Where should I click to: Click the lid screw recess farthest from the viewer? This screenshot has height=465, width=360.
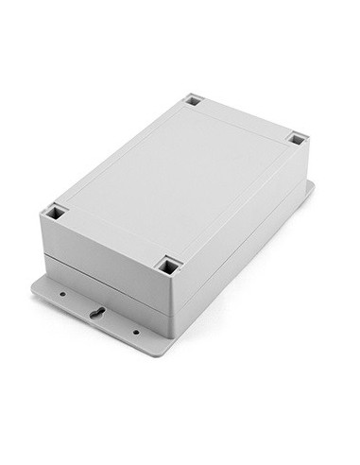[194, 99]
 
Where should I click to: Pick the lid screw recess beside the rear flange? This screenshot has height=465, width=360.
[297, 139]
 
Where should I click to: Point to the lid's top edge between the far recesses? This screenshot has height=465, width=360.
[246, 119]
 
